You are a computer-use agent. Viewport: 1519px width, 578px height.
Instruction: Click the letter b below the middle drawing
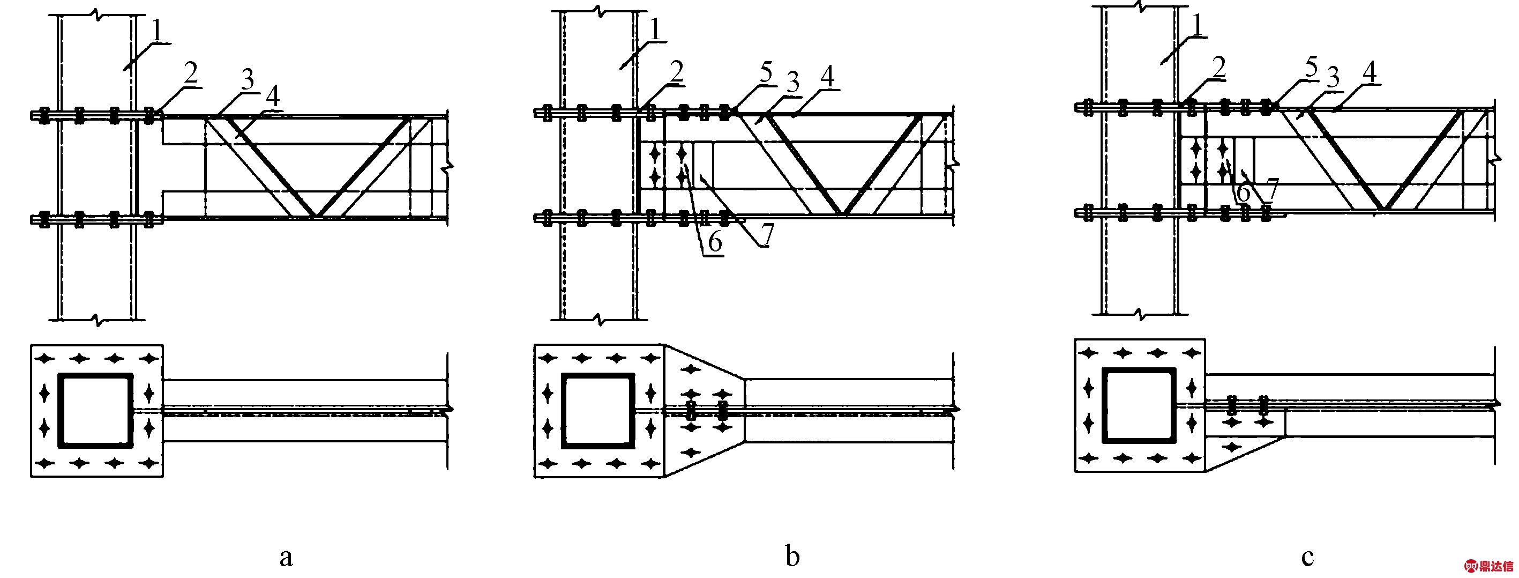pyautogui.click(x=792, y=554)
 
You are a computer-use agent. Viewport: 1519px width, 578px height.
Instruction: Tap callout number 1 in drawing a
pyautogui.click(x=158, y=31)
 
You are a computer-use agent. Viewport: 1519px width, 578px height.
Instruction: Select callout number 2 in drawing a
pyautogui.click(x=190, y=74)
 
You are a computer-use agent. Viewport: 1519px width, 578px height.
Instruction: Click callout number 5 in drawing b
pyautogui.click(x=766, y=73)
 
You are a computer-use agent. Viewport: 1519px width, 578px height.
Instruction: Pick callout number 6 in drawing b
pyautogui.click(x=715, y=242)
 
